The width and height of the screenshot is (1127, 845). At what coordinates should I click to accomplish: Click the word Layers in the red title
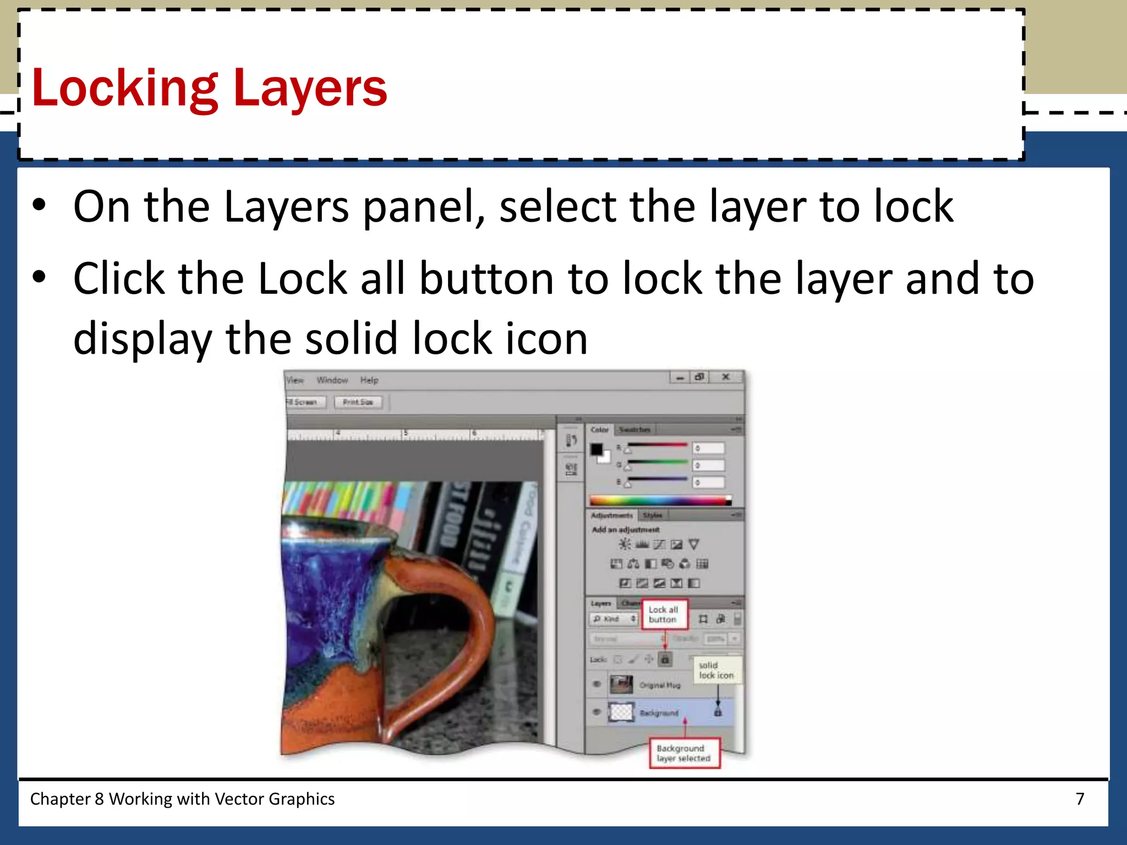pos(310,88)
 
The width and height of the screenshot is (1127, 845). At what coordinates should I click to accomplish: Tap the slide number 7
pos(1080,799)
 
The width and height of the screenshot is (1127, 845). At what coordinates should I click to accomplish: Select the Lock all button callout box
pos(664,614)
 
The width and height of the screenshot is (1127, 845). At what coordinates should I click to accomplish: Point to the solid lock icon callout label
pos(716,670)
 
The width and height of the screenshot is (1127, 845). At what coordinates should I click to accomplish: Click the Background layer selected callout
pos(684,753)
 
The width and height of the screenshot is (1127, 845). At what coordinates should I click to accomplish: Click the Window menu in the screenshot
pos(332,380)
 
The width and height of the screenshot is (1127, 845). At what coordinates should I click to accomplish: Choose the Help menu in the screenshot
pos(369,380)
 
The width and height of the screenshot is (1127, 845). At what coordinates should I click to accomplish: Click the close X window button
pos(726,377)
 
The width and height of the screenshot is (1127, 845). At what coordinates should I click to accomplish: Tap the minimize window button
pos(680,377)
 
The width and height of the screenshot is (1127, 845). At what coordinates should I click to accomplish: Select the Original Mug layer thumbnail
pos(621,685)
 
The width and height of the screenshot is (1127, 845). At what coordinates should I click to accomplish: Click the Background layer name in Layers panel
pos(659,713)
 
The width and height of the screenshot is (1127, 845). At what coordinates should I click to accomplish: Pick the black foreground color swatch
pos(597,449)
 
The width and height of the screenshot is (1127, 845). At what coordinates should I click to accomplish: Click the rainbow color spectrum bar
pos(660,501)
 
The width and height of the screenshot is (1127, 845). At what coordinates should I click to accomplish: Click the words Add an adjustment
pos(626,530)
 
